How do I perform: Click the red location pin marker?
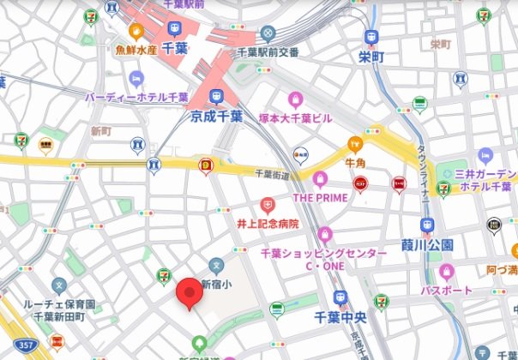point(190,294)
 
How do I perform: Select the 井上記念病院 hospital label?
point(268,223)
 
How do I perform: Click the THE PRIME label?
point(320,197)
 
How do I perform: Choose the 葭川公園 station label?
point(426,245)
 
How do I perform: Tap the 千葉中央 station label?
point(340,316)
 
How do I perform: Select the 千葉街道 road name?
point(273,173)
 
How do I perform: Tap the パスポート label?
point(446,290)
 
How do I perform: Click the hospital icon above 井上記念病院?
point(268,206)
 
